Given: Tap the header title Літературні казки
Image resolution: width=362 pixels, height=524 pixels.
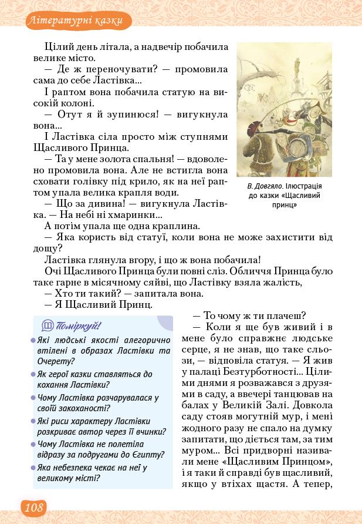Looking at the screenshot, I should pyautogui.click(x=75, y=21).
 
